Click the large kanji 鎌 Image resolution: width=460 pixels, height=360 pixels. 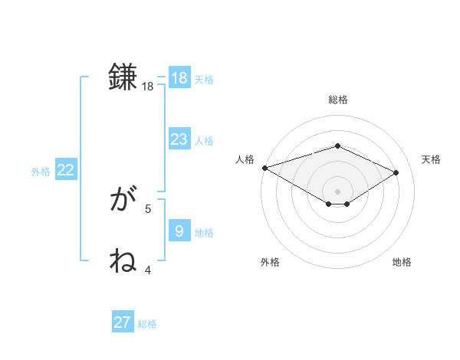coord(123,77)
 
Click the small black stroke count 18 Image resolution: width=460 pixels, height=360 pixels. coord(148,87)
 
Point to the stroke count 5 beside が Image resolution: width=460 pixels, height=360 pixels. coord(148,208)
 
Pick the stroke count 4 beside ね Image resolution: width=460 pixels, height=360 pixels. coord(148,270)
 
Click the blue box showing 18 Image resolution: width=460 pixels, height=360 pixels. coord(179,77)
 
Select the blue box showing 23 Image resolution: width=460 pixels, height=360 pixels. coord(179,139)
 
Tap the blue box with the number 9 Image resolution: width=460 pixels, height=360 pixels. coord(179,231)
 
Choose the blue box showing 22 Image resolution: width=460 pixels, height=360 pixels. coord(65,170)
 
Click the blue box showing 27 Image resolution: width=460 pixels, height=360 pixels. coord(123,322)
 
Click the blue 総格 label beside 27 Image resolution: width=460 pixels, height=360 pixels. coord(147,324)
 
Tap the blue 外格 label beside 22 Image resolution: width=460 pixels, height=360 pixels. coord(41,172)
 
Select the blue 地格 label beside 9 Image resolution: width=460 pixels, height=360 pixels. coord(204,233)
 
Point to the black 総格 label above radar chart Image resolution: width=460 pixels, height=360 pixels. coord(337,100)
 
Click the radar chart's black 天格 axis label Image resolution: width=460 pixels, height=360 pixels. coord(431,159)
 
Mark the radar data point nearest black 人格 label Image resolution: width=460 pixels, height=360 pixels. coord(264,168)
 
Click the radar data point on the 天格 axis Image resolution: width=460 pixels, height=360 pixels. coord(396,172)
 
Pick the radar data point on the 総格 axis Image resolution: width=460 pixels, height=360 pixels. coord(337,146)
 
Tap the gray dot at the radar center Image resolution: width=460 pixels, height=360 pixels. coord(337,190)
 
